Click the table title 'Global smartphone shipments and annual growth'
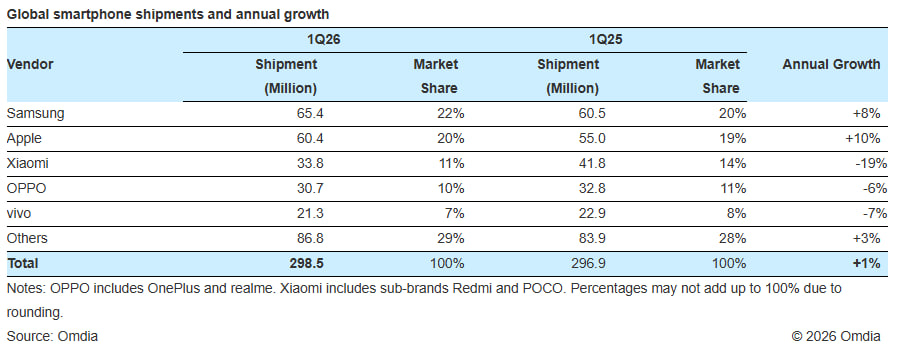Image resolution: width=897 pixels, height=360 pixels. point(169,14)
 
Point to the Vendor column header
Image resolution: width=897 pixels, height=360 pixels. point(30,64)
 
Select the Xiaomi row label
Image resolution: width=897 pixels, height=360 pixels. point(28,162)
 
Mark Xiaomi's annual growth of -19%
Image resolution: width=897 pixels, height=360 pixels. point(864,162)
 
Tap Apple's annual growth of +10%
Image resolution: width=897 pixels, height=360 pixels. point(862,138)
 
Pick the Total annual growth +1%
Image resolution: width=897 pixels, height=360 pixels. point(865,262)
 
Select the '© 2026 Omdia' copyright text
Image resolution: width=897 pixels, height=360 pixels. point(837,335)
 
